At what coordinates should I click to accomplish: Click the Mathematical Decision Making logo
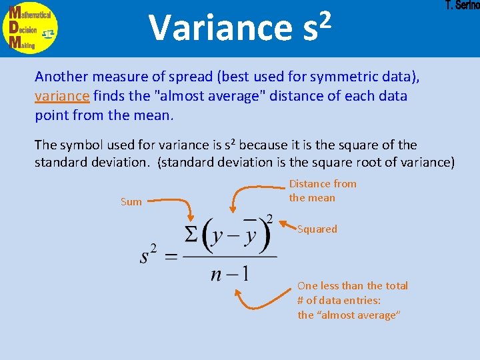[30, 27]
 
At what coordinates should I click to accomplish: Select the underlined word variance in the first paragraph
[61, 96]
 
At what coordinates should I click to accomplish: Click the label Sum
[131, 201]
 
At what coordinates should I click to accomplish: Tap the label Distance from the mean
[323, 191]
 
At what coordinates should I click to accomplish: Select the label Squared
[317, 229]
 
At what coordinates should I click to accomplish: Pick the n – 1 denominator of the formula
[229, 274]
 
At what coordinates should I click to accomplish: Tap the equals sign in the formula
[171, 257]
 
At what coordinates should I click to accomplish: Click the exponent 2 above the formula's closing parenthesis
[269, 218]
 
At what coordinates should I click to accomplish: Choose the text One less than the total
[353, 285]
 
